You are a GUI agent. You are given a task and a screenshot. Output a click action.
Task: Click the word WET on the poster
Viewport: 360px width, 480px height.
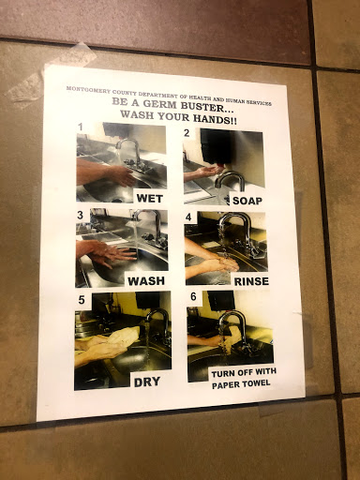point(149,198)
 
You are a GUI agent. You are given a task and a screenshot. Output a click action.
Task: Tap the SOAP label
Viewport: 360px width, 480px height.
point(247,201)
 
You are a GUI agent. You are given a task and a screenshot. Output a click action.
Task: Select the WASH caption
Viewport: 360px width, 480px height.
point(146,281)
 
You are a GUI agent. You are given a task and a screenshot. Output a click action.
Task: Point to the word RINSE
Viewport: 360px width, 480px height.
point(251,281)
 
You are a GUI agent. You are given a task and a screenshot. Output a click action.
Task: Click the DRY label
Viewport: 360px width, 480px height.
point(147,382)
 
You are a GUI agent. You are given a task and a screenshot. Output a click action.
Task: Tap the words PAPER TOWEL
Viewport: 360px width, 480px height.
point(241,383)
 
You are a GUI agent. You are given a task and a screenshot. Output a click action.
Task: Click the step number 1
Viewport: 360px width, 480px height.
point(81,127)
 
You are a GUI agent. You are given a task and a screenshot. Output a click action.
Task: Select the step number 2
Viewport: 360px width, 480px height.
point(187,133)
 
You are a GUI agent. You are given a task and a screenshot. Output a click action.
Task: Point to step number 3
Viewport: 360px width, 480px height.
point(81,216)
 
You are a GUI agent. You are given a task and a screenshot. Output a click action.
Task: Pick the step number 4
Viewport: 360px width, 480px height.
point(188,217)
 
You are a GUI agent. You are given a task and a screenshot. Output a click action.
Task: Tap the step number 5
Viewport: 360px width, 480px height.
point(82,300)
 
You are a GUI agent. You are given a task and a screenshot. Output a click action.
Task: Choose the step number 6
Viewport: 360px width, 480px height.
point(193,296)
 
